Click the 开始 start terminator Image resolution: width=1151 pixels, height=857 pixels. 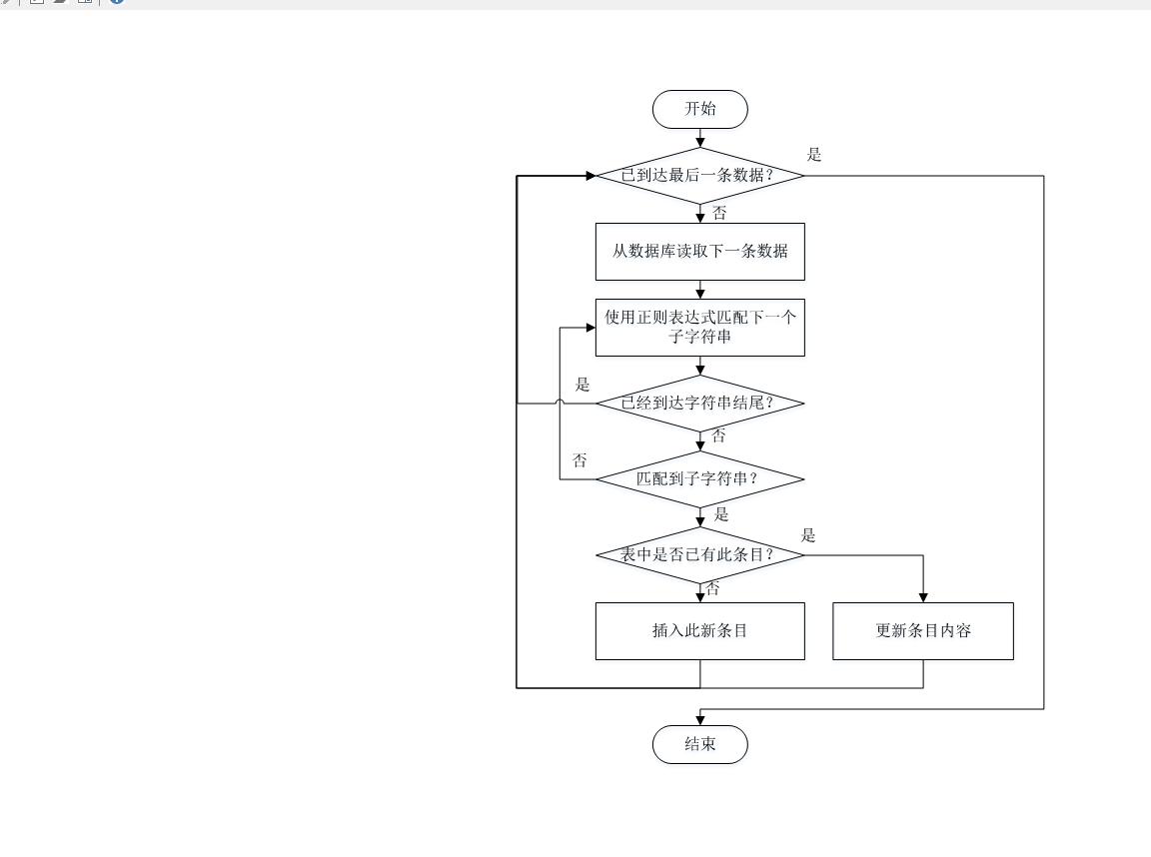(x=699, y=109)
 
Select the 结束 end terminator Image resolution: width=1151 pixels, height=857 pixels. (x=699, y=744)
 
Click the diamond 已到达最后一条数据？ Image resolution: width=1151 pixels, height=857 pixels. (x=699, y=176)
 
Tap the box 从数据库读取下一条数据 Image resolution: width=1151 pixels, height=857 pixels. (x=699, y=251)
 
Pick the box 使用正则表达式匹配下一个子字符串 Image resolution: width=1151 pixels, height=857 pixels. (x=699, y=327)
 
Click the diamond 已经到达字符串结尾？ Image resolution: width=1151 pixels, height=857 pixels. (x=699, y=403)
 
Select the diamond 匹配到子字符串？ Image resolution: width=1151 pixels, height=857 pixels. (x=699, y=478)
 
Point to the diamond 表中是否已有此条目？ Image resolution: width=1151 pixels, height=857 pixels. (x=699, y=554)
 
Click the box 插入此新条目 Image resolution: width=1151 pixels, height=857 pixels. (x=699, y=630)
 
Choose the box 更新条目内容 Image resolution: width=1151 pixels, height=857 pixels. (x=922, y=630)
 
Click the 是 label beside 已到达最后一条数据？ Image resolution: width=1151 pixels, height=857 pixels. (x=814, y=155)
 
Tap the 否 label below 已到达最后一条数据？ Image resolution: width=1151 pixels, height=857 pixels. (x=719, y=213)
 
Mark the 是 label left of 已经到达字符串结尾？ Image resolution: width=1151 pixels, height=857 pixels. (x=583, y=385)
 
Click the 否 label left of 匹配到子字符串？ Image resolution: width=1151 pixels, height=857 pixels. (x=579, y=460)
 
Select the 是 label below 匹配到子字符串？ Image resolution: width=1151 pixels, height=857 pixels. (x=721, y=515)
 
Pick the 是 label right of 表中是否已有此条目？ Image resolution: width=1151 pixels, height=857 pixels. (x=808, y=535)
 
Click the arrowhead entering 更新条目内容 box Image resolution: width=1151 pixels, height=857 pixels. (x=922, y=596)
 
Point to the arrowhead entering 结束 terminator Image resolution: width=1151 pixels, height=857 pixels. (x=699, y=719)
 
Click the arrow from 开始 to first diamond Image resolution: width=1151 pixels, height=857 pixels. (x=699, y=138)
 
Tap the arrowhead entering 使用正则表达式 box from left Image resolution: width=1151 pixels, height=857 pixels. (x=589, y=328)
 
